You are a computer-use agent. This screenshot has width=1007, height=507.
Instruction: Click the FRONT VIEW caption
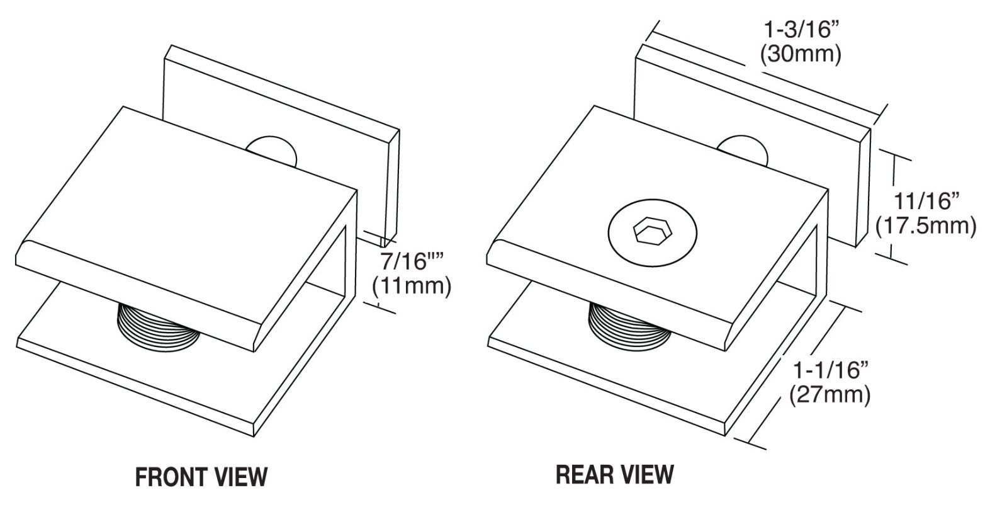point(201,476)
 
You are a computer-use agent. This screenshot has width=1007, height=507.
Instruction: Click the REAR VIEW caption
point(615,474)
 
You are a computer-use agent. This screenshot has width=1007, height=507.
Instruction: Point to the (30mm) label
point(800,55)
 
